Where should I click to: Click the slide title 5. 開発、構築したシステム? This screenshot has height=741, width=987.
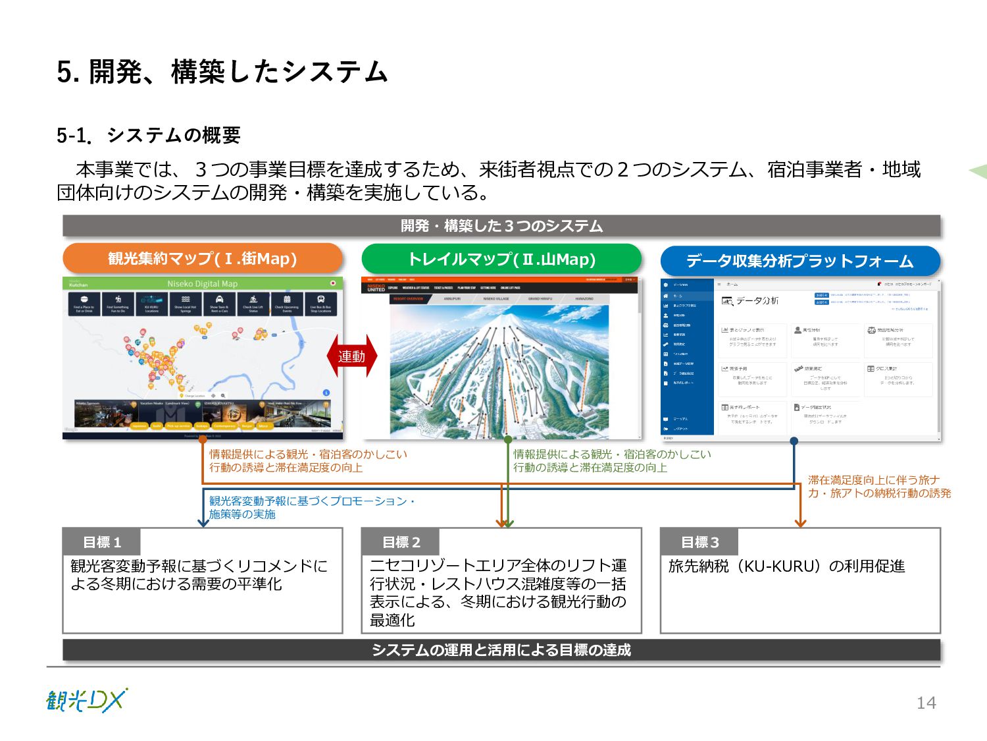pos(222,72)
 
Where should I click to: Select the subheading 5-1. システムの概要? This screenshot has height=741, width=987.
pos(149,135)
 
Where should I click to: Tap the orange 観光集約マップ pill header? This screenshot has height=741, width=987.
pos(203,258)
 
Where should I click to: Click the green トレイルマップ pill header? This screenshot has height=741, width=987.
pos(501,259)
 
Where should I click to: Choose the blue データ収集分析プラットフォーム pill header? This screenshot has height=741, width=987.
pos(800,261)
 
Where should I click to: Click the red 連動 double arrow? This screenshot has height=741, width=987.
pos(352,356)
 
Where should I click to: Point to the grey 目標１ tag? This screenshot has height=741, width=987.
pos(102,542)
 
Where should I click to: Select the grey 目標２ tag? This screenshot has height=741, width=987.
pos(401,542)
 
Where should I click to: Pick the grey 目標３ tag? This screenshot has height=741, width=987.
pos(699,542)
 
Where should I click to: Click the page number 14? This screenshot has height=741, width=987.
pos(926,703)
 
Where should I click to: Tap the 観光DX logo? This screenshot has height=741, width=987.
pos(87,700)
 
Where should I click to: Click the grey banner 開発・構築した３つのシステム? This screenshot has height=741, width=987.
pos(501,226)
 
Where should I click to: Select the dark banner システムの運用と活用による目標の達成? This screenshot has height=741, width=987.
pos(501,650)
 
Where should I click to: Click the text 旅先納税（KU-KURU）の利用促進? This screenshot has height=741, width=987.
pos(786,566)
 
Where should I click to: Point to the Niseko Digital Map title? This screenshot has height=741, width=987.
pos(202,284)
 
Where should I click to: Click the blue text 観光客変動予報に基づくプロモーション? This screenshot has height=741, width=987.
pos(312,501)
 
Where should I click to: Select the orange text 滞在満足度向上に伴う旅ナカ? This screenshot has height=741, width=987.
pos(874,480)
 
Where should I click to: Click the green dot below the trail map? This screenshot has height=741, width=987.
pos(508,439)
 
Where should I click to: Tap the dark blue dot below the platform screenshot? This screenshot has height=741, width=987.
pos(794,441)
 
